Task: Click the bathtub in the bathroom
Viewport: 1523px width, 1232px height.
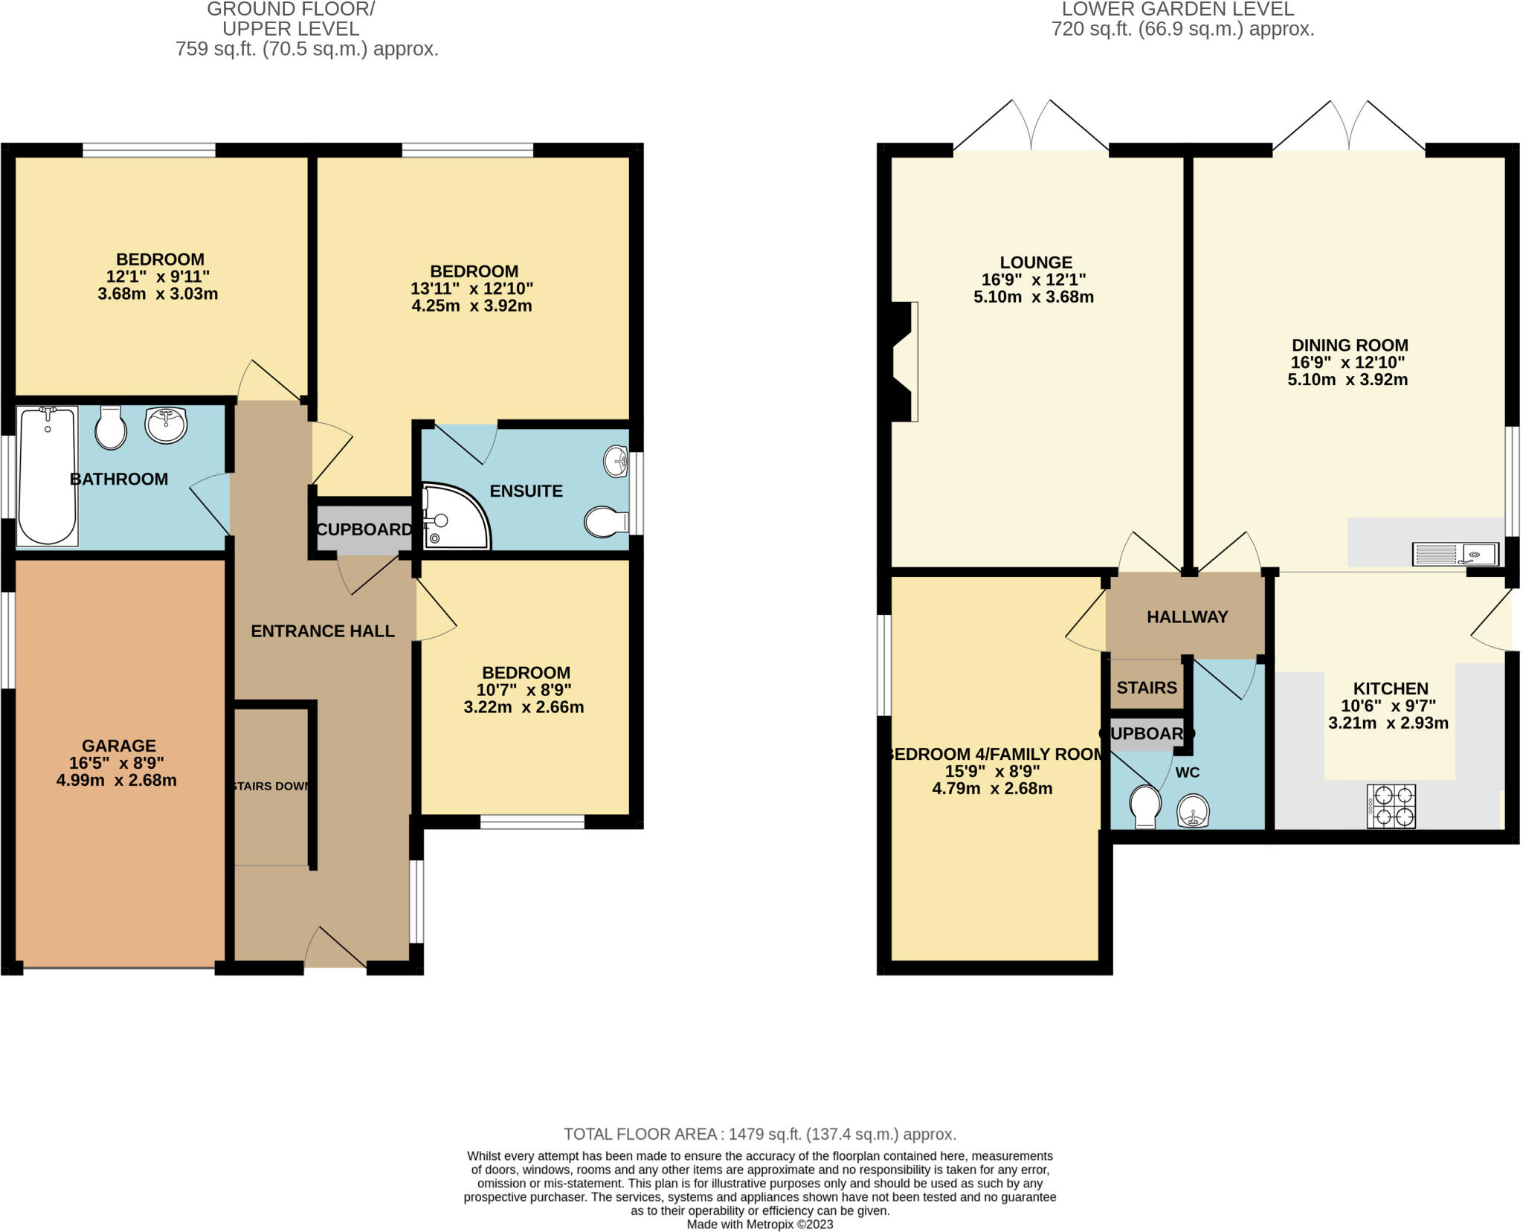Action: pos(47,476)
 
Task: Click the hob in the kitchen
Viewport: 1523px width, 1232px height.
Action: pos(1391,807)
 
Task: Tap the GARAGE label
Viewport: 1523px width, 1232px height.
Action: pos(119,746)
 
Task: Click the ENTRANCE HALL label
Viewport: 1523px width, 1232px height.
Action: pos(323,631)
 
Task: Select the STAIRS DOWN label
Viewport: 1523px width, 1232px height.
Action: pos(271,786)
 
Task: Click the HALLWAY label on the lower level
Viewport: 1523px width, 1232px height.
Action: pos(1187,617)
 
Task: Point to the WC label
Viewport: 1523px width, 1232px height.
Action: pos(1187,773)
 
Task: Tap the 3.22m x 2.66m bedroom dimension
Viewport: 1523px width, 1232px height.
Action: pos(524,707)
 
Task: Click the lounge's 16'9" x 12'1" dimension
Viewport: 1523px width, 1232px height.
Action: pos(1034,280)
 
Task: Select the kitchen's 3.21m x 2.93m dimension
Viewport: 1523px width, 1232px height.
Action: pos(1388,723)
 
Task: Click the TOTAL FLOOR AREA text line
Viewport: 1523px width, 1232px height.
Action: pos(759,1134)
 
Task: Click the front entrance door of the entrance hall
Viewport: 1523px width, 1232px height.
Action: pos(335,960)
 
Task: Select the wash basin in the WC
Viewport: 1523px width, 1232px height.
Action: pos(1193,810)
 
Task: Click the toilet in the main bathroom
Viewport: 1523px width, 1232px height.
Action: pos(111,428)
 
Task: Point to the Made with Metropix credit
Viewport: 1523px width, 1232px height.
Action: pos(759,1224)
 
